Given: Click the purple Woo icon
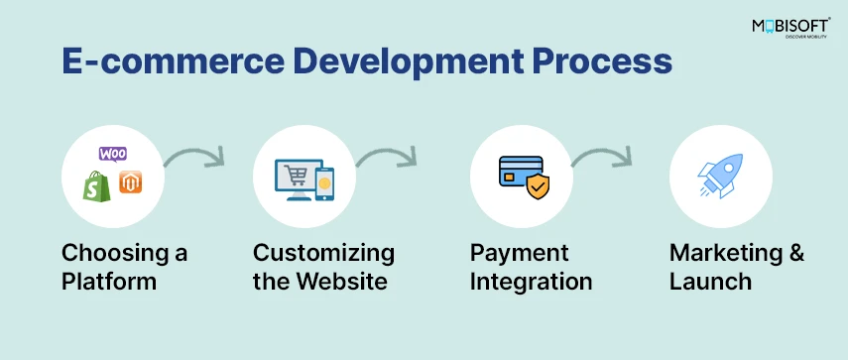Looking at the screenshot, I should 112,156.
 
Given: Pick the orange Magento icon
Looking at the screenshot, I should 130,183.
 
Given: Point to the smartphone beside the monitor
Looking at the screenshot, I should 324,182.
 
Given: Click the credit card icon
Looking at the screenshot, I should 517,170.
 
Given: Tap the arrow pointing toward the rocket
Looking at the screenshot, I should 604,157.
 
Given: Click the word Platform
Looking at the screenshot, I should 109,282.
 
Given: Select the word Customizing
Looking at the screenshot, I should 323,253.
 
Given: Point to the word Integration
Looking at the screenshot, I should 531,282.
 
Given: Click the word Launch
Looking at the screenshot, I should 710,282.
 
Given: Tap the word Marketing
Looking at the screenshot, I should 725,253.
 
